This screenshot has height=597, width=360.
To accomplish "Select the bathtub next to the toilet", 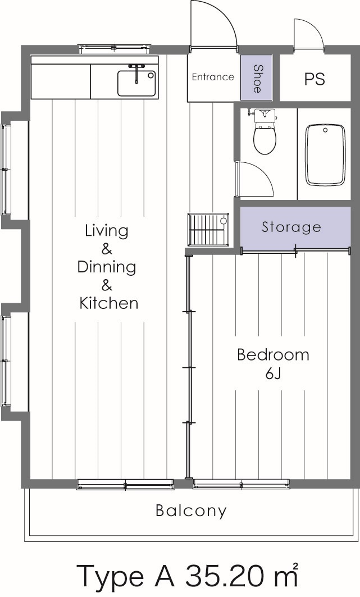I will coord(325,155).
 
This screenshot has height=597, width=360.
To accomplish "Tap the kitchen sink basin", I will coord(136,83).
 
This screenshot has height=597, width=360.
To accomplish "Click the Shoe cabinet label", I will coord(257,79).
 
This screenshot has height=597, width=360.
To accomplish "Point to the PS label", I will coord(315,79).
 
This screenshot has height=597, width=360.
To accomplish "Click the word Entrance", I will coord(213,77).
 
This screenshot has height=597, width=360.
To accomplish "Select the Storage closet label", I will coord(291,227).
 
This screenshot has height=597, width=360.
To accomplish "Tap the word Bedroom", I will coord(273,355).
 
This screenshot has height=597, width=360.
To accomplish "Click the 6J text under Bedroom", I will coord(273,373).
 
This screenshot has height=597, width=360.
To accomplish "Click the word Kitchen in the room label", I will coord(108,304).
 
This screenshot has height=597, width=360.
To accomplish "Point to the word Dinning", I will coord(107,267).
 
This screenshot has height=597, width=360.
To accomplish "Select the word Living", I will coord(107,230).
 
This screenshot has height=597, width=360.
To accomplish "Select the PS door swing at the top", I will coord(308,35).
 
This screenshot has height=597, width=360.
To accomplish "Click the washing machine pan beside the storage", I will coord(209,229).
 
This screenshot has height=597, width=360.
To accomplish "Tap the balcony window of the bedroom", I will coord(241,483).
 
